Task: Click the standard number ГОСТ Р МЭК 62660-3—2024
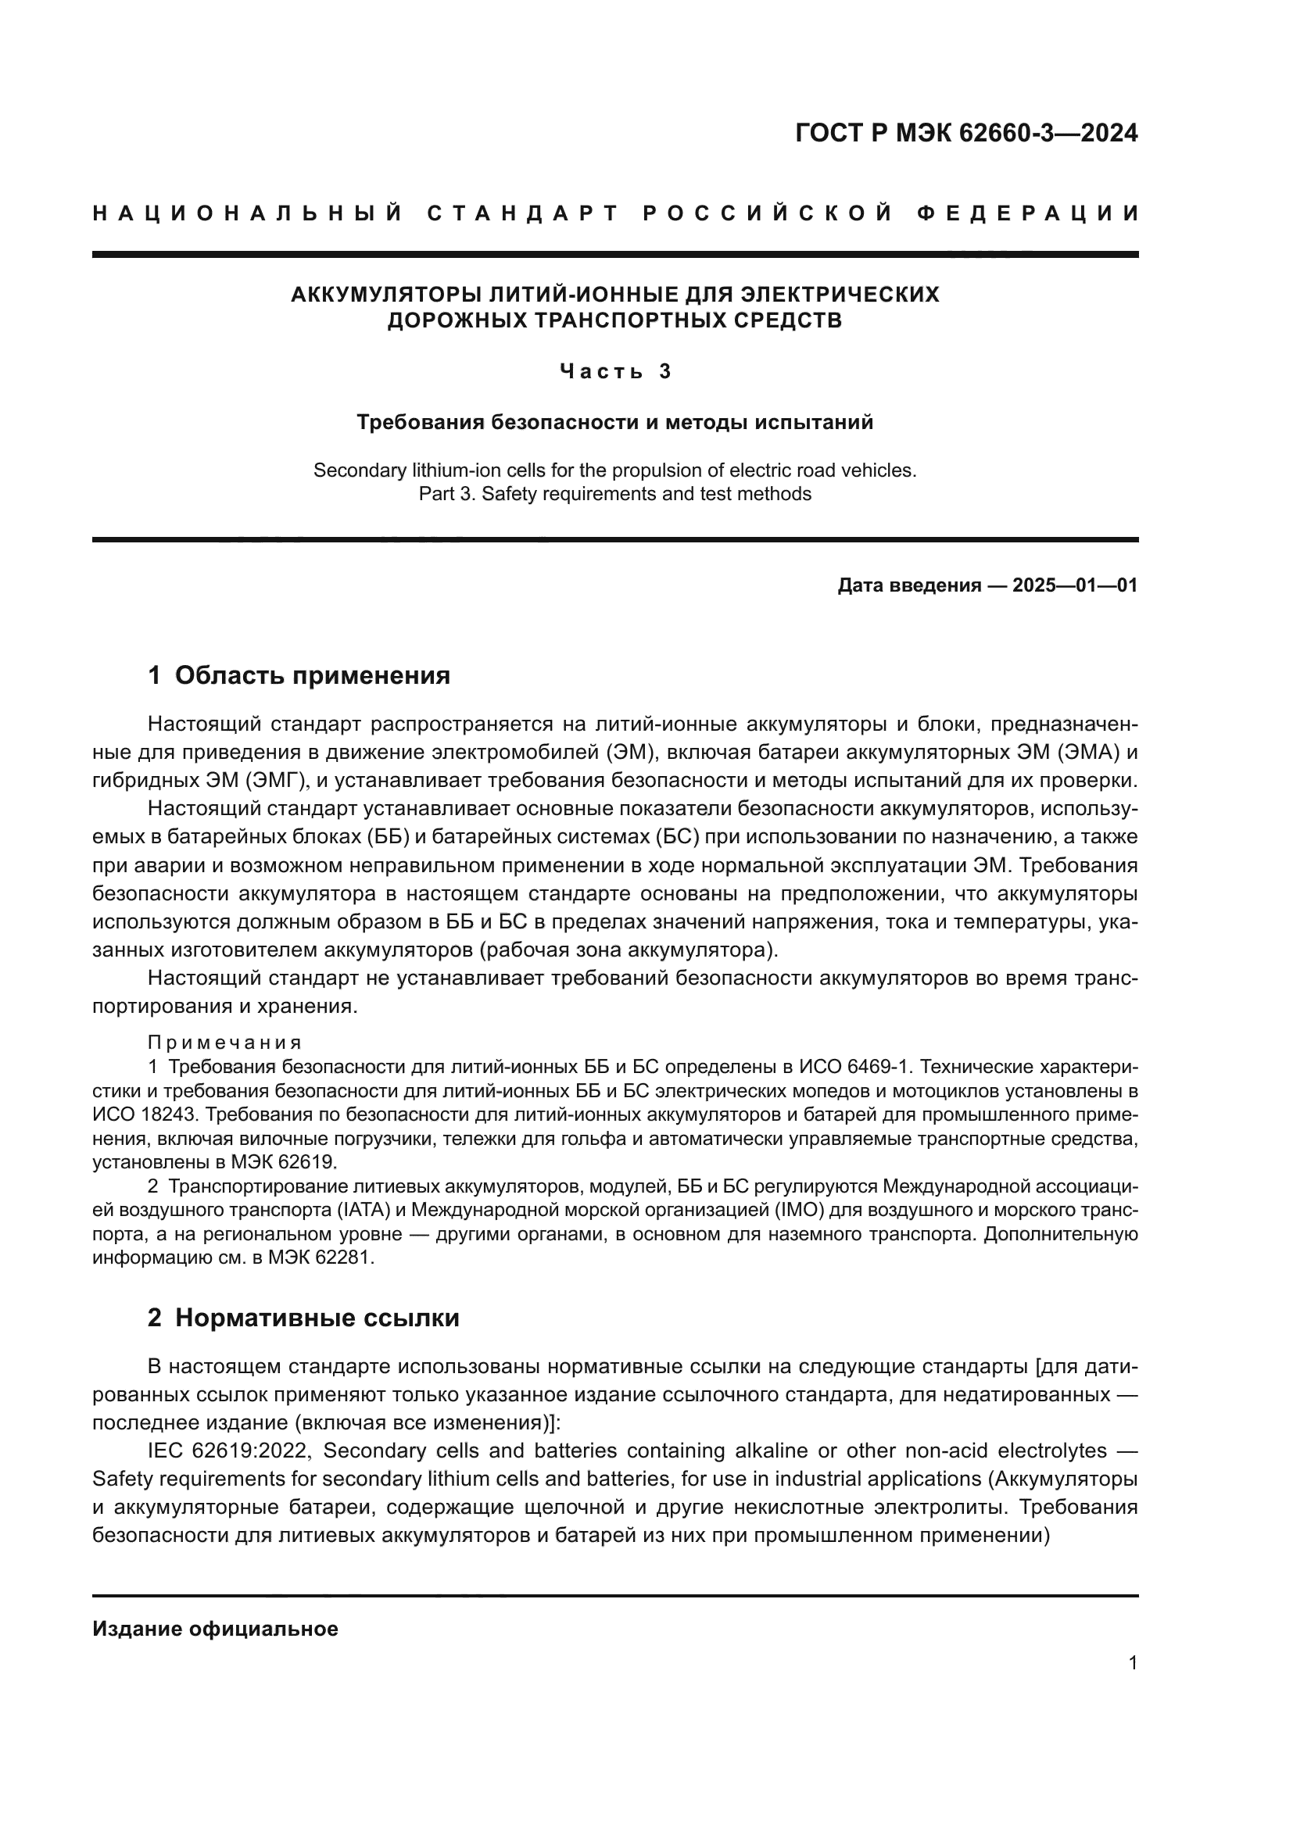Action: click(x=965, y=133)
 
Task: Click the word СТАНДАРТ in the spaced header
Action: click(x=523, y=213)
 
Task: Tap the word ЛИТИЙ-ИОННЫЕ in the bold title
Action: click(x=544, y=295)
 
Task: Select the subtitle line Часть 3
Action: click(x=615, y=371)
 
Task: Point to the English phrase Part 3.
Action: click(x=446, y=494)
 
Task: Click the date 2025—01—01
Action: click(x=1074, y=586)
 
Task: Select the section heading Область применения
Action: click(x=312, y=675)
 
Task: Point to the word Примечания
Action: click(x=224, y=1043)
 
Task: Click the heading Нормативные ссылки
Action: click(x=317, y=1318)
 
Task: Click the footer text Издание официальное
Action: click(x=215, y=1629)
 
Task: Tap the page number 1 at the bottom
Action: click(x=1133, y=1663)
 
